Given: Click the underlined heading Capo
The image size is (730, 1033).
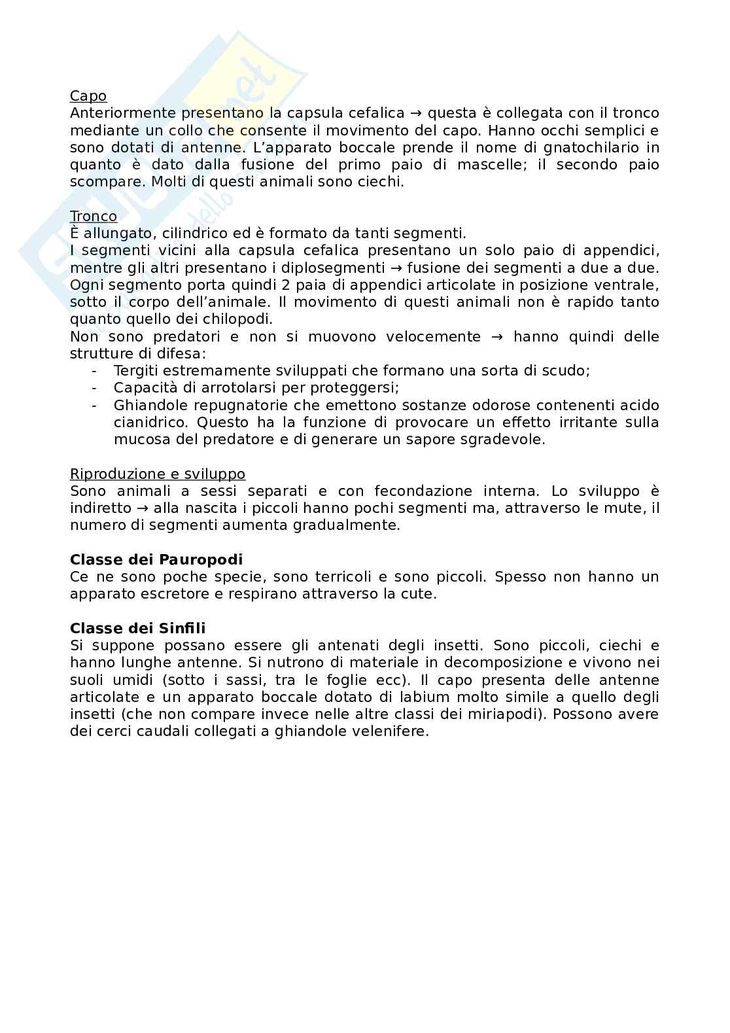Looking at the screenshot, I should pyautogui.click(x=88, y=96).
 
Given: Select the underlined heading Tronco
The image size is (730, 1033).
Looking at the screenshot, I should pyautogui.click(x=93, y=216).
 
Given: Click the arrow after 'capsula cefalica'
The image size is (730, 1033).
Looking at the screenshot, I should pyautogui.click(x=416, y=113).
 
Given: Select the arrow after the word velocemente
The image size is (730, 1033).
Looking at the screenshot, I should pyautogui.click(x=497, y=336).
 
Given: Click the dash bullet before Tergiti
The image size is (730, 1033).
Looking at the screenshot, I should pyautogui.click(x=96, y=370).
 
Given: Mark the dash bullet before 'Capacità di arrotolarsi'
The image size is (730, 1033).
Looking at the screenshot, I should pyautogui.click(x=96, y=387).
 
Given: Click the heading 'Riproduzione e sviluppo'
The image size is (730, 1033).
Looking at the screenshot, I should pyautogui.click(x=158, y=474).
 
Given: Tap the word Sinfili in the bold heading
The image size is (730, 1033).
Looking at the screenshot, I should pyautogui.click(x=182, y=628).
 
